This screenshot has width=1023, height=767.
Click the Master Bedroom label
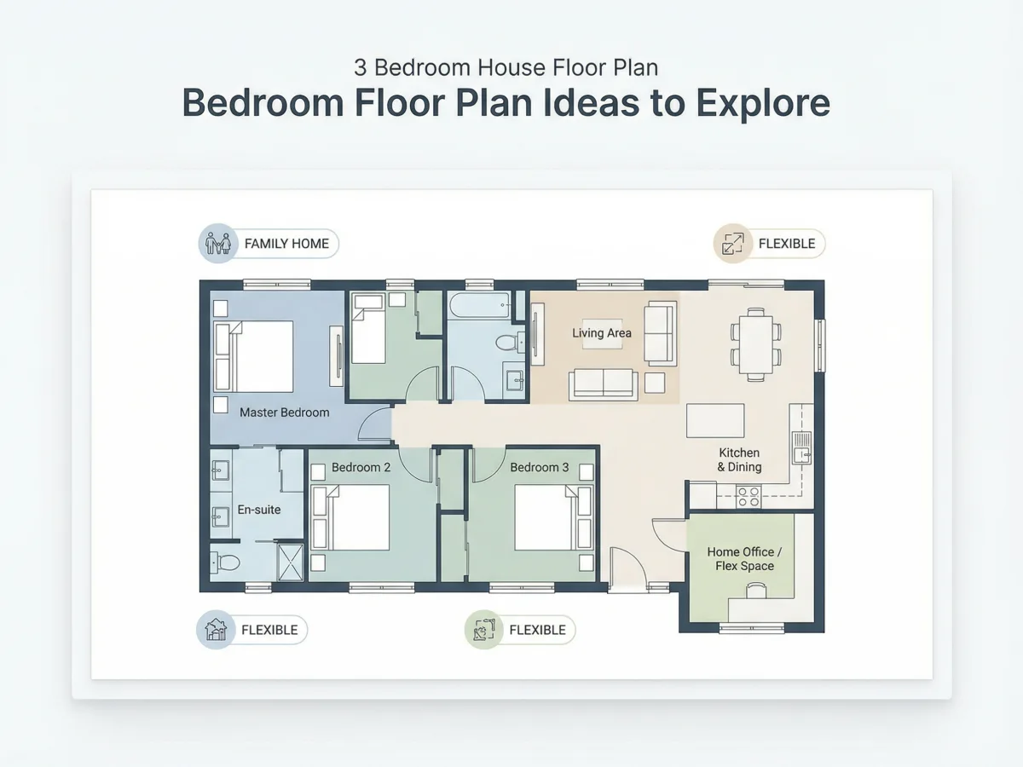coord(284,412)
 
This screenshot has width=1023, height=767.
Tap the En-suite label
coord(259,510)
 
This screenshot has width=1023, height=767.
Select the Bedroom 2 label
coord(361,467)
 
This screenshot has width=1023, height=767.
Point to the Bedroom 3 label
coord(540,467)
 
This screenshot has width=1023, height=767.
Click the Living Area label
coord(602,333)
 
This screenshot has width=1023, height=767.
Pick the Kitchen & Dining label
coord(739,459)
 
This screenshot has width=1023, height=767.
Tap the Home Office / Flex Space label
coord(744,559)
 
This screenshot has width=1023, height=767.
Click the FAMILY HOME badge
coord(269,244)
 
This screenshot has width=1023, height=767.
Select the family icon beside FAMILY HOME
coord(218,244)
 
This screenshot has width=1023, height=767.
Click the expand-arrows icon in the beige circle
coord(733,244)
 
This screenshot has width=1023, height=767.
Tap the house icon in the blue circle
coord(216,630)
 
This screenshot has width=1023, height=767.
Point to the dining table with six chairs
coord(756,344)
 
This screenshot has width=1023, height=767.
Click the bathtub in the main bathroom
coord(480,305)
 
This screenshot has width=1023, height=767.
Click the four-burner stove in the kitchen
coord(748,497)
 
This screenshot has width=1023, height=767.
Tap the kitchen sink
coord(801,448)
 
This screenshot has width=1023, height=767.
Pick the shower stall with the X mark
coord(291,562)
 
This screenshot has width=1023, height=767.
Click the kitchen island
coord(715,420)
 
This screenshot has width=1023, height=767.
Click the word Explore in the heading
coord(763,103)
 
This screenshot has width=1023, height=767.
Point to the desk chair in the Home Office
coord(756,591)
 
